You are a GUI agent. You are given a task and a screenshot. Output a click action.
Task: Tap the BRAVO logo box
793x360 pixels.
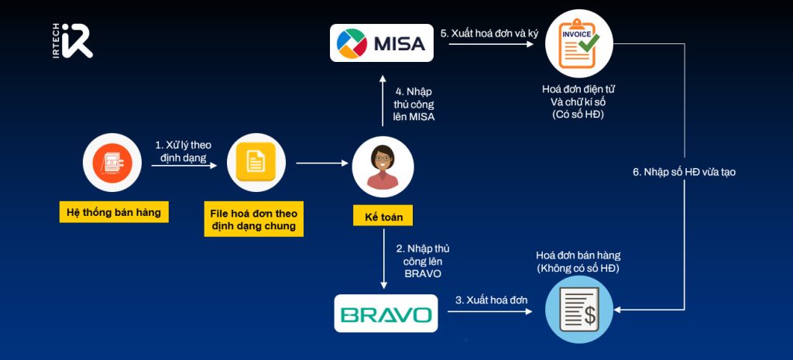pos(386,314)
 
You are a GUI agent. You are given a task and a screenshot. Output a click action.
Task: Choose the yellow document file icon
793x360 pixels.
pos(254,162)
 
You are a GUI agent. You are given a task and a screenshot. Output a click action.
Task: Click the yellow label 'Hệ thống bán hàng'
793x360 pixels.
pos(115,212)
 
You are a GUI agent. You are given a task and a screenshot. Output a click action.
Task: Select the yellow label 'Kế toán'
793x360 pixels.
pos(383,215)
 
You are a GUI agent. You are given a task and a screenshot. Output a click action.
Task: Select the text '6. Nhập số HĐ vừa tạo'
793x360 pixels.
pos(684,172)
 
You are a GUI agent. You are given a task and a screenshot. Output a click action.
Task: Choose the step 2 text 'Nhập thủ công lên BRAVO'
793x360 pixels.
pos(423,260)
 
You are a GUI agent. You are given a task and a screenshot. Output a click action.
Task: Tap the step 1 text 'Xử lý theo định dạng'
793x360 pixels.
pos(183,151)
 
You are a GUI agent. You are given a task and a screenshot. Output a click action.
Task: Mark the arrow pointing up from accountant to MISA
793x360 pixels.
pos(382,101)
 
